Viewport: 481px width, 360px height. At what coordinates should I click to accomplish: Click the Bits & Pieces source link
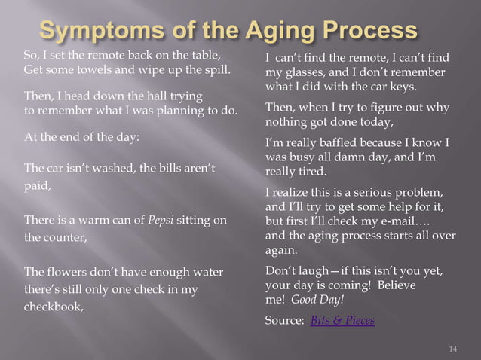coord(342,320)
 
